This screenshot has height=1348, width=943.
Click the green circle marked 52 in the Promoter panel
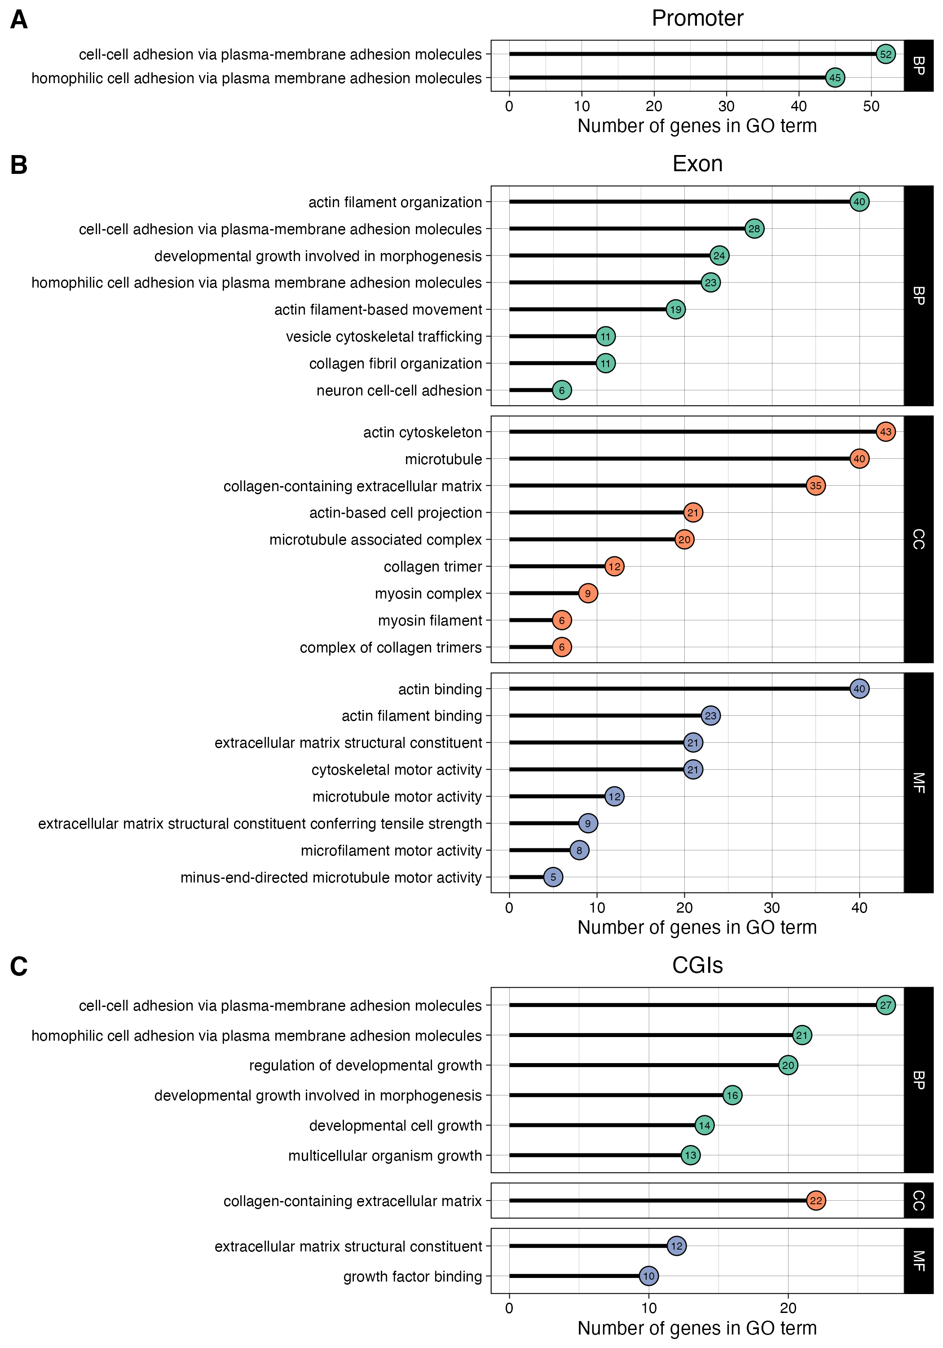point(885,54)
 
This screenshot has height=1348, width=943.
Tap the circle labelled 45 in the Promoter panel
point(834,77)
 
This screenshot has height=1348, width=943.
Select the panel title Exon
point(697,164)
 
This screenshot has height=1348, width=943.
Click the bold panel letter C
point(19,966)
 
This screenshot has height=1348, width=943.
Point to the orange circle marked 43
point(885,431)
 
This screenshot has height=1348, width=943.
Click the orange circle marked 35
point(815,486)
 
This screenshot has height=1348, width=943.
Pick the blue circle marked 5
point(553,877)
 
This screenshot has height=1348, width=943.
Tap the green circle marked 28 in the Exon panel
point(754,228)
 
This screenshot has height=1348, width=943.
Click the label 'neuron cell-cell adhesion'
point(399,390)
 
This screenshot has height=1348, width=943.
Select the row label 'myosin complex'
point(428,594)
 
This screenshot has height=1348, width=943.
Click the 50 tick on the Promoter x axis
point(871,106)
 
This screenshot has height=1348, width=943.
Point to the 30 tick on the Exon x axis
point(771,908)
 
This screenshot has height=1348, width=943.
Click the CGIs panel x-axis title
point(697,1328)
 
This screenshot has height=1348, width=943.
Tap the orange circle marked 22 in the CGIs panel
point(815,1201)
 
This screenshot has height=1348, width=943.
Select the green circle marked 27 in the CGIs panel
point(885,1005)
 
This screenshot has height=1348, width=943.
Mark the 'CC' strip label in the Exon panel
point(918,539)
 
